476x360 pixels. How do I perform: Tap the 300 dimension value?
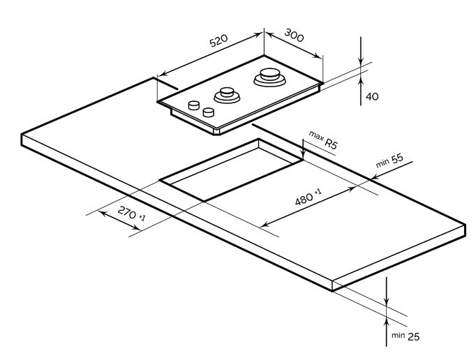(x=294, y=36)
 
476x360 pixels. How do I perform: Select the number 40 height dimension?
(x=372, y=96)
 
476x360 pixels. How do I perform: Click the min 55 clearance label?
(x=390, y=160)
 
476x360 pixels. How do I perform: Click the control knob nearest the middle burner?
(x=208, y=112)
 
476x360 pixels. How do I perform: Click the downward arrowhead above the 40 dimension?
(x=360, y=63)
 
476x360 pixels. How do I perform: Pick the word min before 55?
(x=382, y=163)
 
